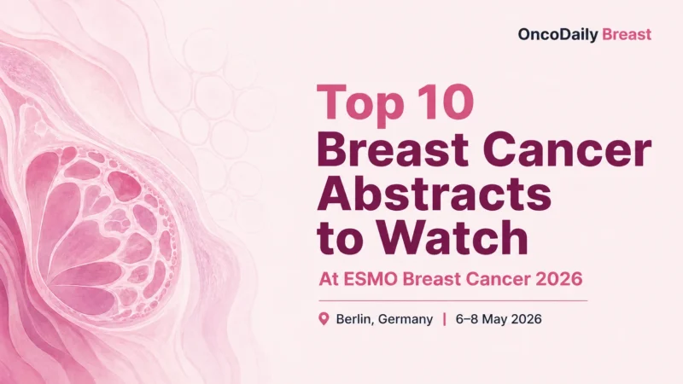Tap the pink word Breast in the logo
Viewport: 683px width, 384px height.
[x=627, y=35]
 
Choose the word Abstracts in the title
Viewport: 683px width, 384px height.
[x=434, y=196]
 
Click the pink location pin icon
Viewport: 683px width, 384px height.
[x=324, y=319]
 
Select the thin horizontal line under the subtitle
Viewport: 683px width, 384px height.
[x=452, y=300]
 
